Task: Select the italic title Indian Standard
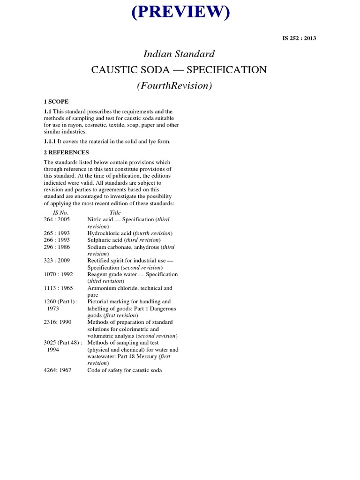click(x=180, y=54)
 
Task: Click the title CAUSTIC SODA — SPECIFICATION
click(x=179, y=70)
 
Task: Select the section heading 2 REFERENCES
click(x=66, y=152)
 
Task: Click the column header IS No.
click(x=60, y=212)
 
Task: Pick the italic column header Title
click(x=115, y=212)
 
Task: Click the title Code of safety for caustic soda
click(x=124, y=370)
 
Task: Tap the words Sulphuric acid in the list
click(x=105, y=240)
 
